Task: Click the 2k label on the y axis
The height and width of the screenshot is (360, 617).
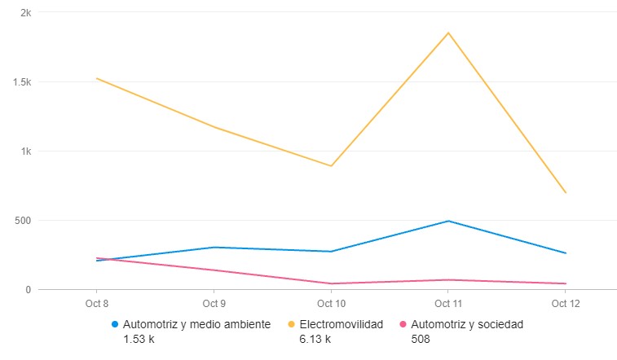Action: pos(26,13)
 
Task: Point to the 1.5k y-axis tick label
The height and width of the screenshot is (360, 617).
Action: pos(23,82)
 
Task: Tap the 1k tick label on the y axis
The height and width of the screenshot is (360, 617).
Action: pos(26,151)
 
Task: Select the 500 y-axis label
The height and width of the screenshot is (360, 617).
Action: pos(23,221)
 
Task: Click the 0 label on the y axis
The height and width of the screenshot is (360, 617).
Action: pos(29,290)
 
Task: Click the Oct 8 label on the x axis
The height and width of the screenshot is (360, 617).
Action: pos(96,304)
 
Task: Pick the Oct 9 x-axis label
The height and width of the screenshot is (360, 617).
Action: pos(214,304)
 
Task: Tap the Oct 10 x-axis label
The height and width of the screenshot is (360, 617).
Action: pos(331,304)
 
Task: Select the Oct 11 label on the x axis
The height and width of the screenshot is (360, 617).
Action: pos(448,304)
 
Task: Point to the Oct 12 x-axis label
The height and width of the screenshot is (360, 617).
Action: pos(566,304)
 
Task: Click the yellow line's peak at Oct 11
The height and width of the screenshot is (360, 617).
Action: pos(448,33)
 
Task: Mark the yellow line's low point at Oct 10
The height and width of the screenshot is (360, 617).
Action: pos(331,165)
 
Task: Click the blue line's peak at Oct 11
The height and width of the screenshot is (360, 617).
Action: pos(448,221)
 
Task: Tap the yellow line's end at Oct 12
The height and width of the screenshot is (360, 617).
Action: pos(566,192)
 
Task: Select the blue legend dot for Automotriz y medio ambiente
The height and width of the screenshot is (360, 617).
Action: pos(115,324)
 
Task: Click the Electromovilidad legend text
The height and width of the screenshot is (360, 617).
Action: pos(341,324)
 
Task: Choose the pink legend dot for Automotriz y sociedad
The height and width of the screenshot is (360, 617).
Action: pos(404,324)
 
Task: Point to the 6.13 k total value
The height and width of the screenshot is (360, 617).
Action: pos(315,339)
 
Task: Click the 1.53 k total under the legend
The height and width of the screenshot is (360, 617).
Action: pos(138,339)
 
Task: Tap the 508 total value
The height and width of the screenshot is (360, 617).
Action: pos(421,339)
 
